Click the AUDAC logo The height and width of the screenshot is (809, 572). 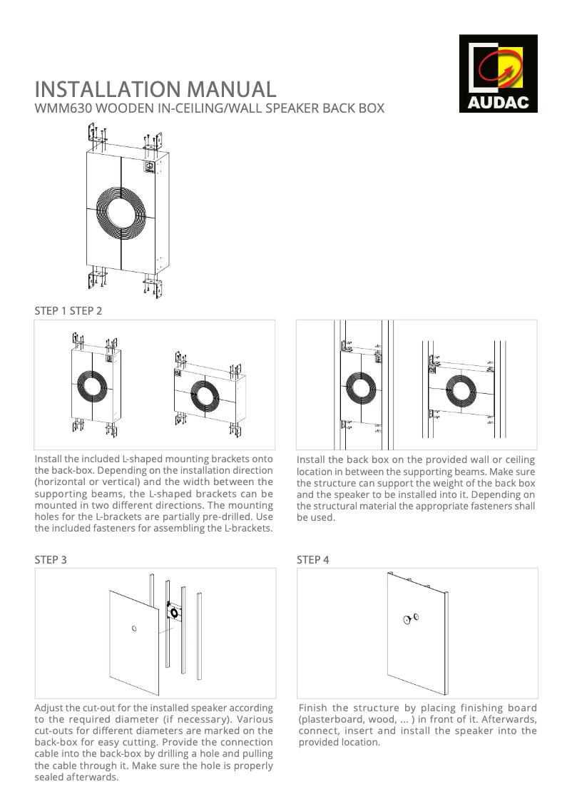point(498,73)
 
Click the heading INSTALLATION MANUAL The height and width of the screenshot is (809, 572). point(155,90)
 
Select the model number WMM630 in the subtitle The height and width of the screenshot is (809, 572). point(63,109)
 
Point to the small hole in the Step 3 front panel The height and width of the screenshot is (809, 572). point(134,629)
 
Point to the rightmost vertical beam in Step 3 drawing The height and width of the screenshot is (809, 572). point(199,636)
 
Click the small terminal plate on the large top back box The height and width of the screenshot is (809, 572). point(150,166)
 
